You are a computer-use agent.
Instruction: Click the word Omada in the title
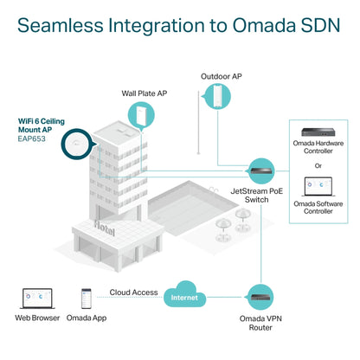tap(264, 25)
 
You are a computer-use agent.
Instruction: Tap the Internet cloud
tap(184, 295)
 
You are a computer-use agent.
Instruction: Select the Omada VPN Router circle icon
tap(260, 297)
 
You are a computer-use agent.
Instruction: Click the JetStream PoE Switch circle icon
tap(260, 170)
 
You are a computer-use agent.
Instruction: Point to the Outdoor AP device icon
tap(217, 96)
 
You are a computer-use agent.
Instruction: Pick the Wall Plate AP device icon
tap(141, 115)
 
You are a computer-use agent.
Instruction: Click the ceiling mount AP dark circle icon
tap(77, 144)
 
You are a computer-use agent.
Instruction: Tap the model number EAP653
tap(32, 138)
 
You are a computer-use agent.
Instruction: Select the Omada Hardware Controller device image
tap(318, 132)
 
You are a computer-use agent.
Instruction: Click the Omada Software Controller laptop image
tap(318, 187)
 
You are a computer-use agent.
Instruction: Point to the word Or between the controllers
tap(318, 165)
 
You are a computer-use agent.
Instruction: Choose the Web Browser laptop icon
tap(37, 299)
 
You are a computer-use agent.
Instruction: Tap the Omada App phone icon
tap(87, 299)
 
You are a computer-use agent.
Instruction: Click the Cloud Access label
tap(133, 292)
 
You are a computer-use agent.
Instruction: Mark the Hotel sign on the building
tap(105, 228)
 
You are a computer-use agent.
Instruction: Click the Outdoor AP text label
tap(222, 76)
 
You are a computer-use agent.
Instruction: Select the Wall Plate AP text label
tap(145, 93)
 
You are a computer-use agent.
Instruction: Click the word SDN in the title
tap(321, 25)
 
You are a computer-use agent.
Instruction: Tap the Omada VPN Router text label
tap(260, 323)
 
